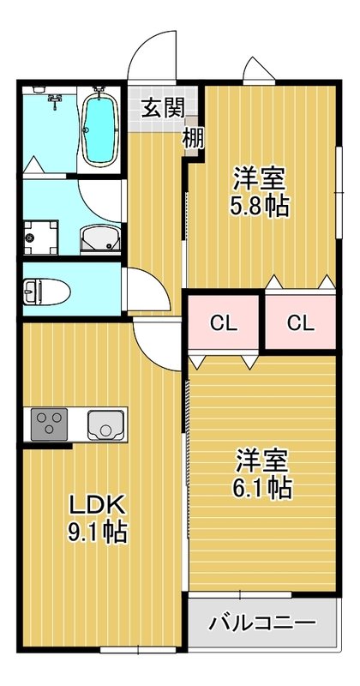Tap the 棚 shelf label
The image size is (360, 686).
193,136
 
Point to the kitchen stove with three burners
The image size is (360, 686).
49,424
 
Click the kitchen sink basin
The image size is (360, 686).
105,424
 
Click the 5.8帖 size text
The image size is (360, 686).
259,207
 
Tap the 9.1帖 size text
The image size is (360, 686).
98,533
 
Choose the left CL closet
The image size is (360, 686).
224,323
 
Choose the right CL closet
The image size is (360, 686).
299,323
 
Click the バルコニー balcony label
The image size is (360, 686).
261,622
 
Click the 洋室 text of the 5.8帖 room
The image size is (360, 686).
259,180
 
